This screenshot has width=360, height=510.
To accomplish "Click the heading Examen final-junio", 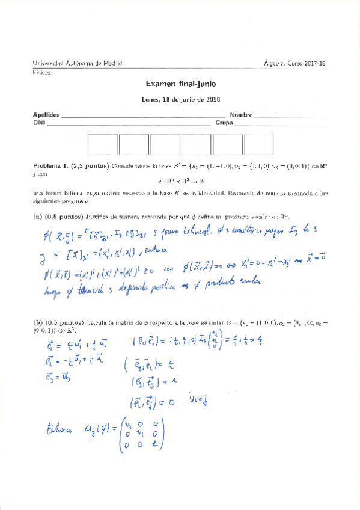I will click(x=180, y=85).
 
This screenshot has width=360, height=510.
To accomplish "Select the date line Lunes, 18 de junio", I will click(x=180, y=100).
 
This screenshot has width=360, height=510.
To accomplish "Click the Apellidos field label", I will click(x=46, y=114).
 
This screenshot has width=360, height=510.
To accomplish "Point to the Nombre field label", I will click(x=240, y=114).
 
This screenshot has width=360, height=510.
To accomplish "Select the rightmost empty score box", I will click(x=258, y=145).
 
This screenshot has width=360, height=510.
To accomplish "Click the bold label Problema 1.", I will click(x=50, y=165).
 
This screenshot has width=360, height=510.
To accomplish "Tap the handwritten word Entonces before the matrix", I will click(x=61, y=429).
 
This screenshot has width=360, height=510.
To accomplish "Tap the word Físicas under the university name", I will click(x=41, y=72).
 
